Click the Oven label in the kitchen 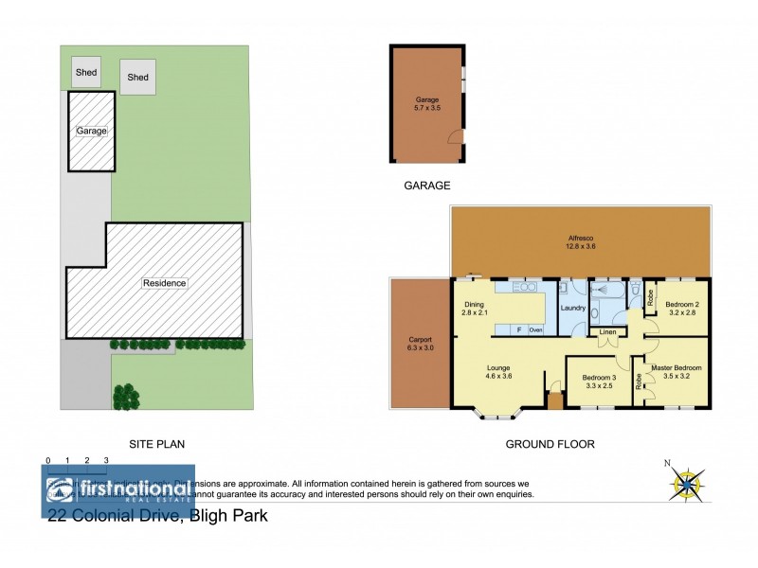(x=535, y=329)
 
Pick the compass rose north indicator (x=683, y=482)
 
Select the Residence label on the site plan (x=164, y=283)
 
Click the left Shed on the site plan (x=86, y=71)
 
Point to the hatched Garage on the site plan (x=91, y=132)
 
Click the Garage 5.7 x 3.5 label (x=428, y=104)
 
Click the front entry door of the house (x=554, y=401)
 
